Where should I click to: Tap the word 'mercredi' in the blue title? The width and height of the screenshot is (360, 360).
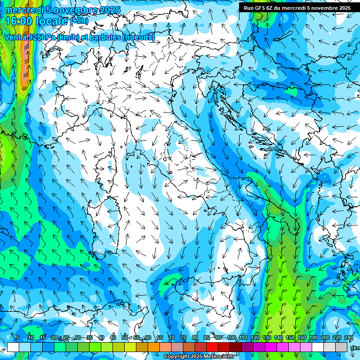click(23, 10)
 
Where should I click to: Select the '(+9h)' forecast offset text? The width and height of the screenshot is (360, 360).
click(79, 21)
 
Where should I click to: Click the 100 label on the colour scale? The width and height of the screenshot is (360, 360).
click(232, 337)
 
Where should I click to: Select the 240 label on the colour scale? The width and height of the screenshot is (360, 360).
click(348, 337)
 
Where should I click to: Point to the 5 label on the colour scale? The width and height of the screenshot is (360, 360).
click(17, 337)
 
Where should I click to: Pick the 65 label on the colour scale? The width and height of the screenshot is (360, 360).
click(160, 337)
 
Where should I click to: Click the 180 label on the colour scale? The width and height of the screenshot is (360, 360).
click(314, 337)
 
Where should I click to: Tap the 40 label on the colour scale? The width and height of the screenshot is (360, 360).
click(101, 337)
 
